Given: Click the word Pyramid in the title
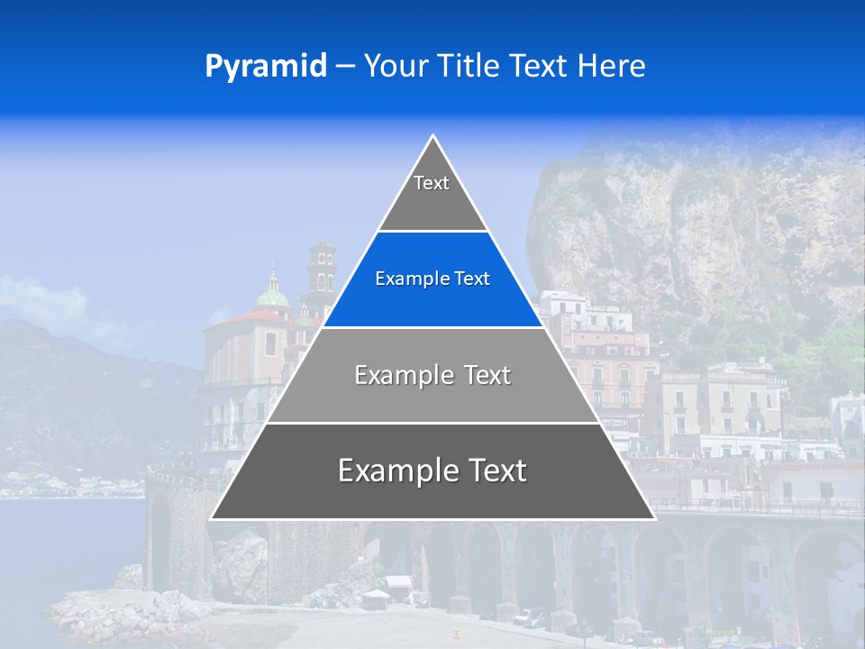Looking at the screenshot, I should pyautogui.click(x=265, y=67).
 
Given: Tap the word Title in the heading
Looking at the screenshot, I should pyautogui.click(x=470, y=67).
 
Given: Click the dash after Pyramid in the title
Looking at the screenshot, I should pyautogui.click(x=345, y=67).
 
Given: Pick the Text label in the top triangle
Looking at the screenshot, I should pyautogui.click(x=432, y=183).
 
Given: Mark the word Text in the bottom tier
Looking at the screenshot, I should pyautogui.click(x=496, y=471).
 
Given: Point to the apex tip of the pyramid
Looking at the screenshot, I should pyautogui.click(x=433, y=136).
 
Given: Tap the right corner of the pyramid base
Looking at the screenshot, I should pyautogui.click(x=654, y=518).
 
